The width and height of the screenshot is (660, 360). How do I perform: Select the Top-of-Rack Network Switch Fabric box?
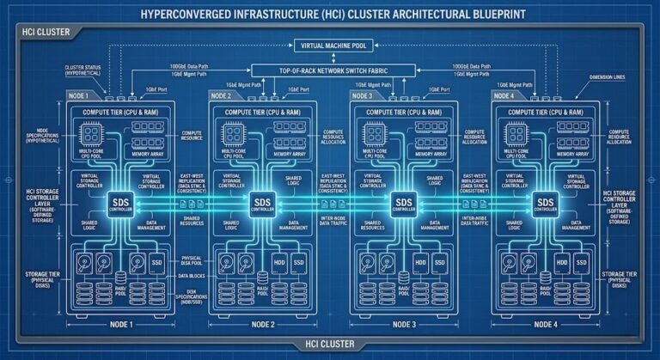click(x=330, y=73)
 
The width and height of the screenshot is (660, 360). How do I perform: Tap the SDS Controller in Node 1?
click(x=120, y=204)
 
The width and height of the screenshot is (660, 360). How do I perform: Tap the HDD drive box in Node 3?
click(x=419, y=260)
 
